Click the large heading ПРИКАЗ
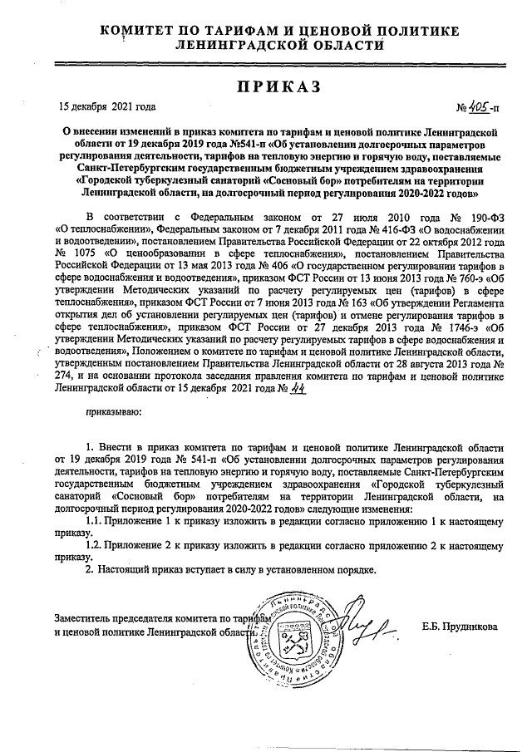pyautogui.click(x=267, y=86)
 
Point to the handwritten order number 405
pyautogui.click(x=478, y=107)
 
